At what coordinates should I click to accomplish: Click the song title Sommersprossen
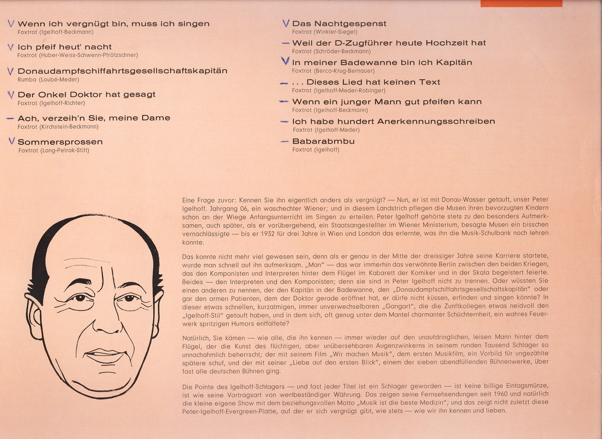tap(60, 142)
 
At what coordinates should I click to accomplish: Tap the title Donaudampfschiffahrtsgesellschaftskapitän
tap(122, 71)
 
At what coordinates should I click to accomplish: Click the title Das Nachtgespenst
tap(339, 24)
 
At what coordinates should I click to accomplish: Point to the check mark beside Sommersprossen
tap(11, 141)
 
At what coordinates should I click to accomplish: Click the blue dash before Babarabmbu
tap(285, 141)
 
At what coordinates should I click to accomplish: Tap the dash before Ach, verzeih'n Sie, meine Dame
tap(10, 118)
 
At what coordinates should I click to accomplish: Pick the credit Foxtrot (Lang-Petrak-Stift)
tap(54, 151)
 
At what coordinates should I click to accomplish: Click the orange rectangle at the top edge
tap(521, 3)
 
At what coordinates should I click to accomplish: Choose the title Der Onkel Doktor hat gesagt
tap(87, 94)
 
